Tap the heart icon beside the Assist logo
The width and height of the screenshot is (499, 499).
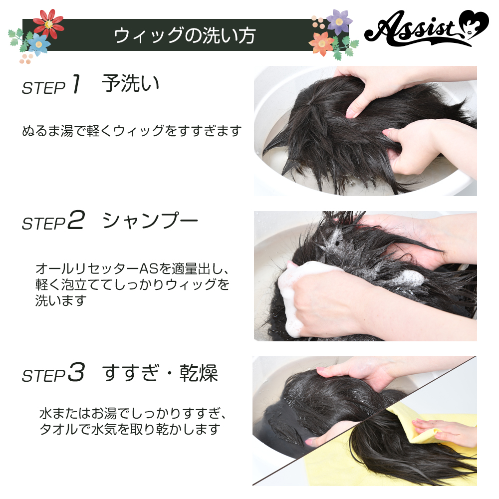(x=473, y=23)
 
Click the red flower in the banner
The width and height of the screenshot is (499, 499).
(x=48, y=23)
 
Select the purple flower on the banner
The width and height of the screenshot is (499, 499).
(x=339, y=21)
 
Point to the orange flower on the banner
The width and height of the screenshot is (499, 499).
(x=322, y=43)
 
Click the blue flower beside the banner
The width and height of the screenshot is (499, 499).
(x=38, y=44)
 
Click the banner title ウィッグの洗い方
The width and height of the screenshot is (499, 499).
(x=185, y=35)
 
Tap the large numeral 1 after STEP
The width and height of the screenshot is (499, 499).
(x=76, y=84)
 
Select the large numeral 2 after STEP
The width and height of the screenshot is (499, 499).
(x=76, y=220)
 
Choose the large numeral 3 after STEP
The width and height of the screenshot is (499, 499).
(x=76, y=372)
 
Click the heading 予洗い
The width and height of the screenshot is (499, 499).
(x=130, y=83)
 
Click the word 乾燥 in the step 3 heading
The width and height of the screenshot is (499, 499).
(x=199, y=373)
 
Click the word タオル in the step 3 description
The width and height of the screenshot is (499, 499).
(x=58, y=430)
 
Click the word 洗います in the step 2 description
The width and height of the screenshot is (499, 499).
(x=61, y=300)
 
